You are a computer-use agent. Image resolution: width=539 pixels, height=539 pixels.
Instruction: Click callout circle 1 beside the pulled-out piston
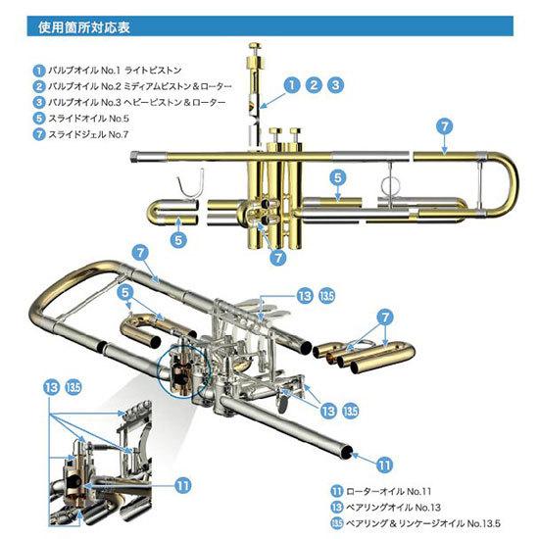pyautogui.click(x=291, y=85)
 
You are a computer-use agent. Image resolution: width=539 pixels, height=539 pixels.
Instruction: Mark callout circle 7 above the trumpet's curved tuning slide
pyautogui.click(x=445, y=126)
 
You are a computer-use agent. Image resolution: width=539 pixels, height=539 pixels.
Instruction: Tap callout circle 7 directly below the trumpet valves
pyautogui.click(x=280, y=255)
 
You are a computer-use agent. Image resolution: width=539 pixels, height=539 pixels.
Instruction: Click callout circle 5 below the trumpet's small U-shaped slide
pyautogui.click(x=178, y=238)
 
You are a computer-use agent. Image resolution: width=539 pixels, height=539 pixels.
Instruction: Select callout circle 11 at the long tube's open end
pyautogui.click(x=384, y=464)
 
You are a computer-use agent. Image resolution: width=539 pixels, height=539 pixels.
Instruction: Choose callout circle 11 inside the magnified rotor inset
pyautogui.click(x=181, y=482)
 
